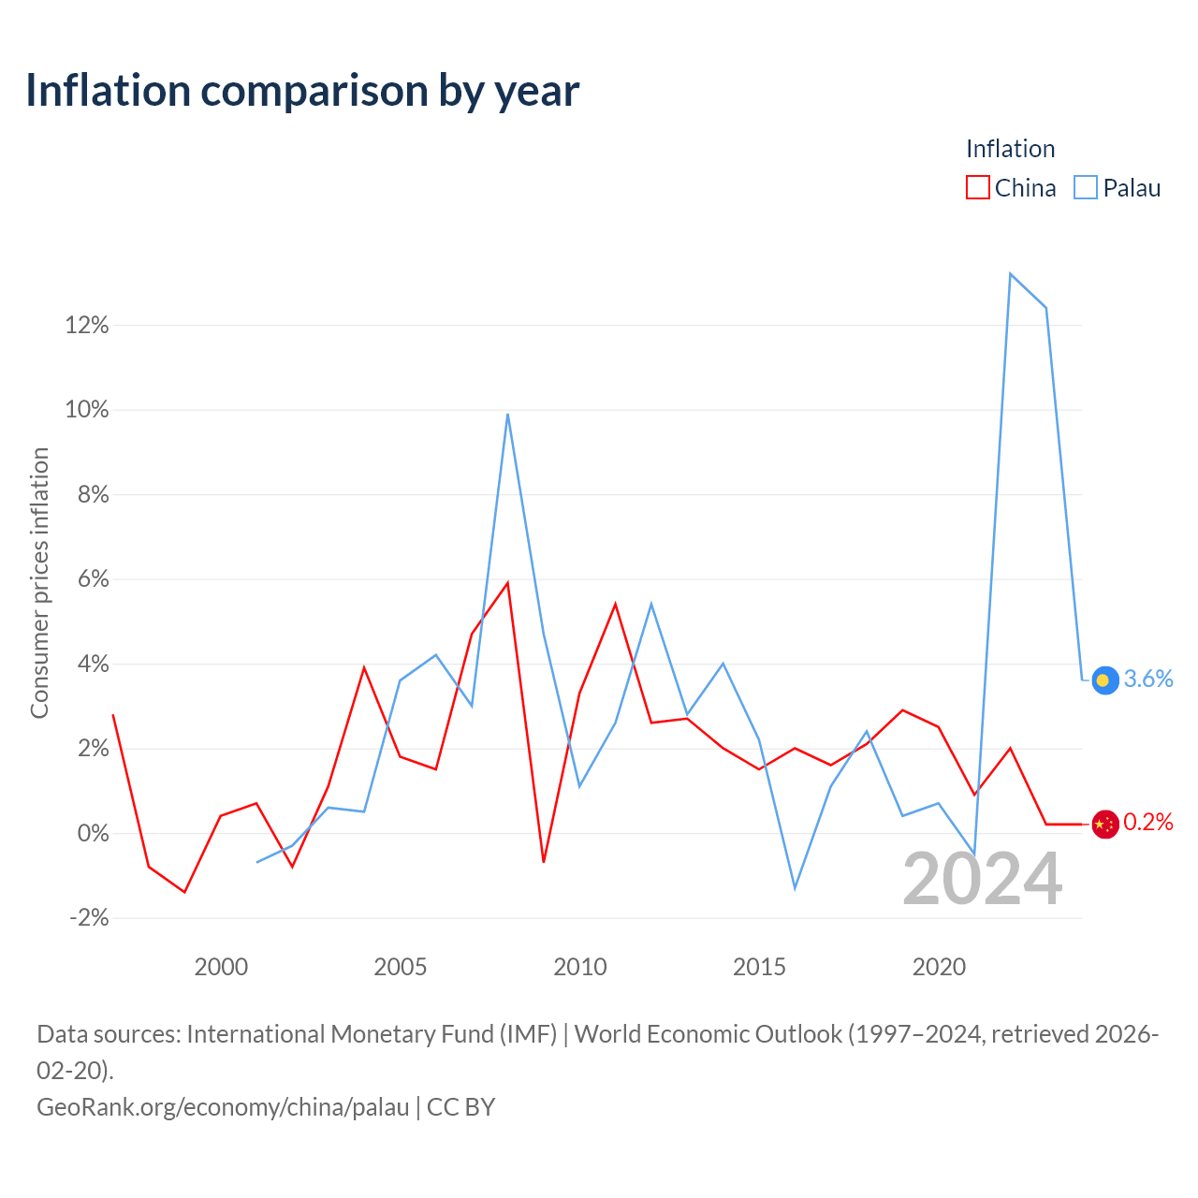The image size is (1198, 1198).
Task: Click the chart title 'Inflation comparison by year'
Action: [x=302, y=91]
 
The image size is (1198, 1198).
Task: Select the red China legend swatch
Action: [x=977, y=188]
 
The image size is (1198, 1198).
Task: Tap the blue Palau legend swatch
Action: [x=1086, y=188]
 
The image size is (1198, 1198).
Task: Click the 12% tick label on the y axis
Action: [x=87, y=325]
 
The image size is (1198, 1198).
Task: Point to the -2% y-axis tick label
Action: [x=90, y=918]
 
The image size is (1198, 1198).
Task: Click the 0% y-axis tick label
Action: [x=94, y=834]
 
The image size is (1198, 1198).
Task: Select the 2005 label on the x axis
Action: [x=401, y=968]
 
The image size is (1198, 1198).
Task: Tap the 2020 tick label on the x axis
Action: [x=939, y=968]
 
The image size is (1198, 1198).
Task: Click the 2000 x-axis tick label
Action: [x=221, y=968]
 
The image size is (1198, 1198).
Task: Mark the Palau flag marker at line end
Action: [x=1104, y=680]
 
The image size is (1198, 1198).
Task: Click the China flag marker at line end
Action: [x=1104, y=825]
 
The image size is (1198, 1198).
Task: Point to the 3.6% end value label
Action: [x=1148, y=679]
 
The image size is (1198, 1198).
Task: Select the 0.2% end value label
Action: [x=1148, y=823]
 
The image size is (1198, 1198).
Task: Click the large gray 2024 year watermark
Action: [x=983, y=880]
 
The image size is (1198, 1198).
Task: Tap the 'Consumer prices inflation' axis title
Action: [x=39, y=583]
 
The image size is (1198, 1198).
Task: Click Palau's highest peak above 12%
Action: [x=1010, y=274]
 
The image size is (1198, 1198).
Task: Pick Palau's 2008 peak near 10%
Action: [x=508, y=414]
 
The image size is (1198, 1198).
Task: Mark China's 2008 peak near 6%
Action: [x=508, y=582]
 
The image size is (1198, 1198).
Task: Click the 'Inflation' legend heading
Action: [x=1010, y=149]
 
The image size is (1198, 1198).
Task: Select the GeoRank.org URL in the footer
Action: [x=223, y=1107]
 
